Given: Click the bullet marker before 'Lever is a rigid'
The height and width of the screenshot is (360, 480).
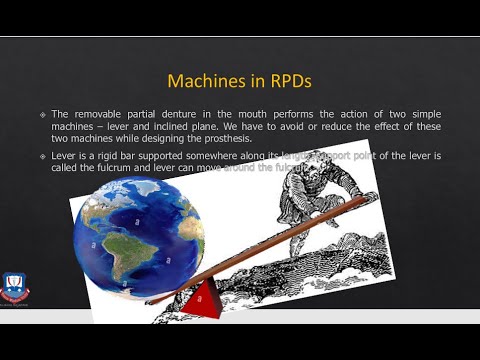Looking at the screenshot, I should (x=42, y=157).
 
